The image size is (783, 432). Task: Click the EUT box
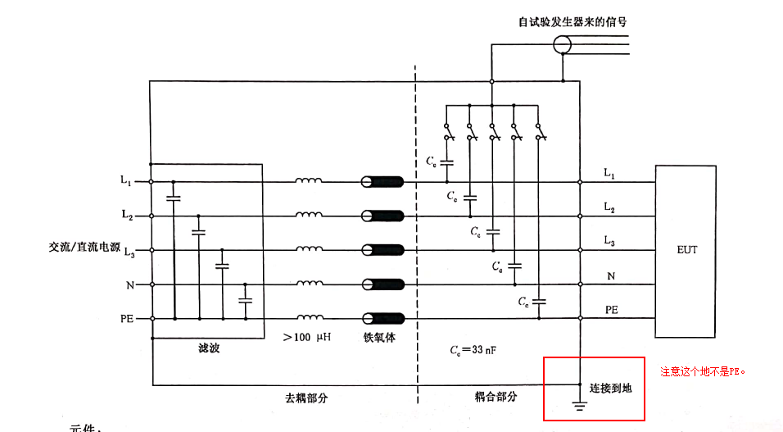point(687,250)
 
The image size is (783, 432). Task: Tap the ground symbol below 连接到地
point(580,404)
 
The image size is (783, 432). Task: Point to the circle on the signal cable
point(562,44)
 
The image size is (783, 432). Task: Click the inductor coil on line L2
point(309,216)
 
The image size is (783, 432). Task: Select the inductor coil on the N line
point(309,284)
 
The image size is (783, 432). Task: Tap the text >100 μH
point(306,338)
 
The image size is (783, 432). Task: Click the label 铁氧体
point(380,338)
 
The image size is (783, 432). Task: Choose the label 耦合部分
point(496,397)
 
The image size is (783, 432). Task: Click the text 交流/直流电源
point(84,247)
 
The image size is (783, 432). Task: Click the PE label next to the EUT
point(611,310)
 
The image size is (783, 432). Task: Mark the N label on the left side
point(129,284)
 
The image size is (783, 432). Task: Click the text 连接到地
point(610,387)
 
